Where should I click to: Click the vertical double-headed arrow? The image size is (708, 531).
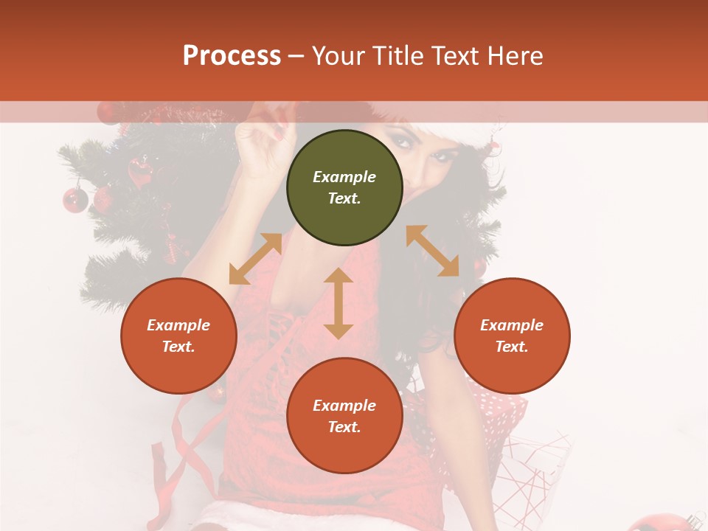pos(339,303)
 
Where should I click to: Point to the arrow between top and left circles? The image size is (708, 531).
pos(255,259)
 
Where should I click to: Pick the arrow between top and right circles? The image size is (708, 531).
pos(433,251)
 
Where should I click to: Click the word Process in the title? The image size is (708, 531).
pos(232,55)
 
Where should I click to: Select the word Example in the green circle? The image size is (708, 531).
pos(344,177)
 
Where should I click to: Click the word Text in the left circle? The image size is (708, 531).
pos(178,347)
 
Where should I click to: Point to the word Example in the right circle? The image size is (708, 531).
pos(512,325)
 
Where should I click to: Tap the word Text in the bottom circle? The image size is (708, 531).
pos(344,427)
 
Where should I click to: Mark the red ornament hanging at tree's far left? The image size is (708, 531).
pos(74,199)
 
